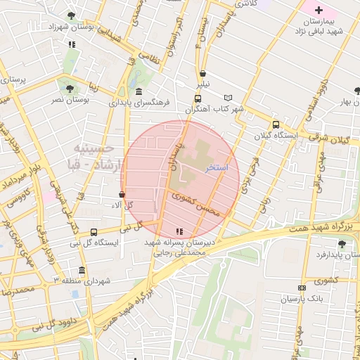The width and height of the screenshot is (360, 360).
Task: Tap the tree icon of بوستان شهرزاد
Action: (x=71, y=15)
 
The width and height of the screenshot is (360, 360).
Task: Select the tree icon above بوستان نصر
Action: (x=69, y=88)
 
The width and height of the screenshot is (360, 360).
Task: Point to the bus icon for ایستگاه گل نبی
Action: (x=95, y=231)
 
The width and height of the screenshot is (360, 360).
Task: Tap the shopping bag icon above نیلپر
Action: (x=203, y=72)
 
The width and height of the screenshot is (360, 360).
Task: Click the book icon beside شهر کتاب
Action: (x=227, y=98)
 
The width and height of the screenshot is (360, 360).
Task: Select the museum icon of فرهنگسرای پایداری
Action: (x=139, y=91)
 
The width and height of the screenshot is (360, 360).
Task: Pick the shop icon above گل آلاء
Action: (x=122, y=195)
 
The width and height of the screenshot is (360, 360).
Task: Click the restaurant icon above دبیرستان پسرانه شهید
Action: (x=179, y=231)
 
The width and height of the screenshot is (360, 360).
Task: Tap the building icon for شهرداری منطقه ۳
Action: (x=82, y=271)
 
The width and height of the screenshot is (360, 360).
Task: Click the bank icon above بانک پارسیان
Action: (x=302, y=288)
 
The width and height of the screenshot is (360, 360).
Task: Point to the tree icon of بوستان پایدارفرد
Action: (x=342, y=243)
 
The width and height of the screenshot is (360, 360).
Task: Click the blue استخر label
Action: (x=217, y=169)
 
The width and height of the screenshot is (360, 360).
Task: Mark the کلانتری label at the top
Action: (x=245, y=4)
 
